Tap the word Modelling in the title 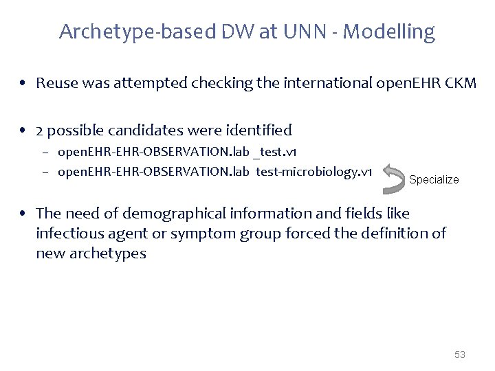[391, 32]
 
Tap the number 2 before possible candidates [39, 130]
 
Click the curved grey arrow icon [394, 176]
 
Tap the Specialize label [434, 179]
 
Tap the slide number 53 [460, 355]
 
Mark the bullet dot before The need [24, 214]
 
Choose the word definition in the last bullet [393, 234]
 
